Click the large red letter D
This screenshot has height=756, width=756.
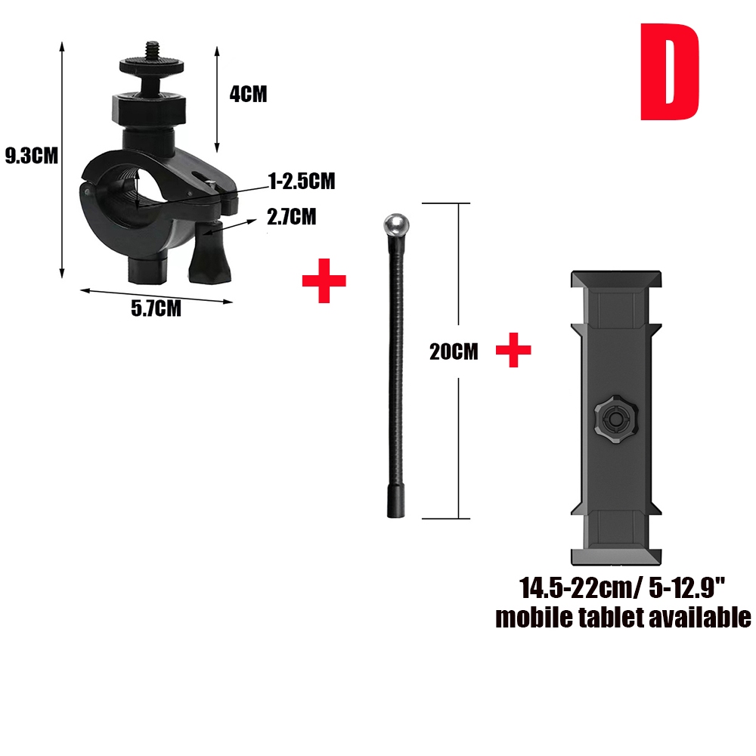669,72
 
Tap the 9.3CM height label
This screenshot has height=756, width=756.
31,156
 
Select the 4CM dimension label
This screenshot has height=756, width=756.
248,94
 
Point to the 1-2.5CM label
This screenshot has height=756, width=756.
302,181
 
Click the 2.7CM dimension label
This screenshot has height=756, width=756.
292,217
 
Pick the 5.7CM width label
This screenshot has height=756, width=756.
156,308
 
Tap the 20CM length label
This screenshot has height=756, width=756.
454,352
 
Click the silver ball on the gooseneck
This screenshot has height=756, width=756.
396,225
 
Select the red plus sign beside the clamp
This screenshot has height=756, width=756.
324,280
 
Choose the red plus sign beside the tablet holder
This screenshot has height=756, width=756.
513,350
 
